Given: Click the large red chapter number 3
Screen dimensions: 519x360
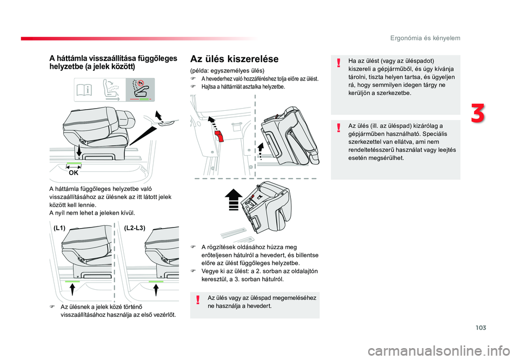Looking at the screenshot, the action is click(477, 113).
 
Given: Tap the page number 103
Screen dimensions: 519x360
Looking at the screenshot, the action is click(481, 328).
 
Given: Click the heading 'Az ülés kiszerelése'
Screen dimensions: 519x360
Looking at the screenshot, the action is click(234, 59).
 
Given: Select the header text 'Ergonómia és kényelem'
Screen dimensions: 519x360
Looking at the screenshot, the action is click(425, 38).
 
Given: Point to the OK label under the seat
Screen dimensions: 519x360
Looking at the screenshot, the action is click(74, 173).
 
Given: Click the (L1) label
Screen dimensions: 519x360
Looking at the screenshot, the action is click(59, 228).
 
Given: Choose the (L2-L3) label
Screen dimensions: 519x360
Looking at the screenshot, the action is click(135, 228).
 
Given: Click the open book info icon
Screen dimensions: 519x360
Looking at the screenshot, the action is click(84, 90).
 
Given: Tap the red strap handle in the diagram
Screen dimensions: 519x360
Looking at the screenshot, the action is click(219, 136).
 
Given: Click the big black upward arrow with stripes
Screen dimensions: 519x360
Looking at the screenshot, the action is click(234, 199).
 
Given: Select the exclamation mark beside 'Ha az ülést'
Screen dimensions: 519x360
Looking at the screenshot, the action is click(338, 63).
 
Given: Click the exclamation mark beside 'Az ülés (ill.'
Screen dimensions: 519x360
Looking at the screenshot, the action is click(338, 128).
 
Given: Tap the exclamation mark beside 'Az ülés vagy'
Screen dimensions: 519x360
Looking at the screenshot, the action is click(198, 300).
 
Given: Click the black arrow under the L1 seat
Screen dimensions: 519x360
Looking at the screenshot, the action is click(72, 289).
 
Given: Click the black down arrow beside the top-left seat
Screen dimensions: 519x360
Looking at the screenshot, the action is click(79, 151).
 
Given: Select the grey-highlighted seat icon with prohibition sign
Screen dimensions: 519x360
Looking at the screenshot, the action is click(140, 90).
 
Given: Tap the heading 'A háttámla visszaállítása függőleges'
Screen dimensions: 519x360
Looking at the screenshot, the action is click(113, 58).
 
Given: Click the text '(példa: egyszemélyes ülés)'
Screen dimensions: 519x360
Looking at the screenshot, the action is click(228, 70).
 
